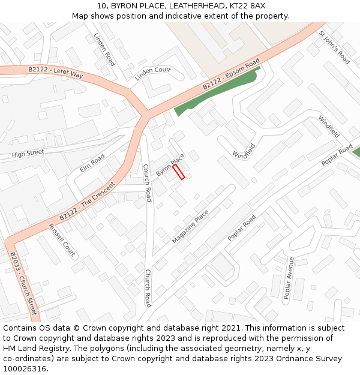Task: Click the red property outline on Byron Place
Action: point(178,172)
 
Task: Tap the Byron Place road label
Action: point(170,164)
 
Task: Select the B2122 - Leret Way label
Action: point(56,71)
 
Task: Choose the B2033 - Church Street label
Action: point(23,283)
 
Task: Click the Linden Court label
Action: point(152,74)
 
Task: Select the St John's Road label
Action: point(334,47)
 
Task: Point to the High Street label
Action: point(28,154)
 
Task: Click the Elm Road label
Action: point(92,163)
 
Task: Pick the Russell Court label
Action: point(62,239)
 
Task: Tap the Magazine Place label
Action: point(190,226)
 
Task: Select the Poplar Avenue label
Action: point(288,277)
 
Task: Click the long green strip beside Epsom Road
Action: point(216,92)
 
